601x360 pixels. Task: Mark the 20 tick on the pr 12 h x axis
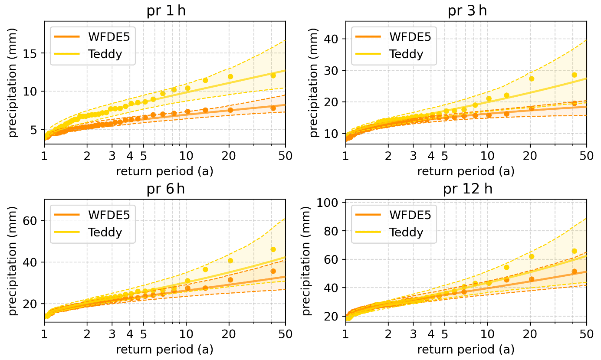[x=530, y=335]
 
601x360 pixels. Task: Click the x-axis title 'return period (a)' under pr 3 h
[x=466, y=171]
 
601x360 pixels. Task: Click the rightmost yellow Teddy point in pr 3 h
[x=574, y=75]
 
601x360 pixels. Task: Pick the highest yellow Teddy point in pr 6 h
[x=273, y=249]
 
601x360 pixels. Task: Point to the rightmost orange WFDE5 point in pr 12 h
[x=574, y=272]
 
